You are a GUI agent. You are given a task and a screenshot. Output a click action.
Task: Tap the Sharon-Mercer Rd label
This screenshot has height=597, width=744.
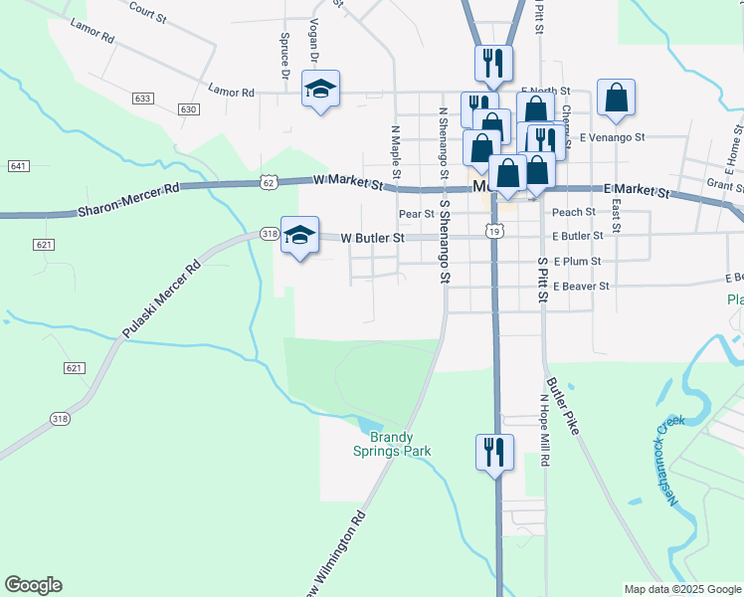point(129,200)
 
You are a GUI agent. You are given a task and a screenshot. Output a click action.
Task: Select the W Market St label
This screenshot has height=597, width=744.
point(347,183)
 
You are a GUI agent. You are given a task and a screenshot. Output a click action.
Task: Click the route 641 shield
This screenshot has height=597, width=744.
point(18,165)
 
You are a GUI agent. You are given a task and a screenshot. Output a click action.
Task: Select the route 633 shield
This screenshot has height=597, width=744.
point(143,99)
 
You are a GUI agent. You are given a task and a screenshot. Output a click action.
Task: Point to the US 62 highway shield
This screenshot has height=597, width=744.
point(269,182)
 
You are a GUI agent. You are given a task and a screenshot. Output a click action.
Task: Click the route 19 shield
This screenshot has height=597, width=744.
point(495,231)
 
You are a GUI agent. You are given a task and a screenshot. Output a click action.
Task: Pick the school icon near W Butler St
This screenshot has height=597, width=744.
point(299,236)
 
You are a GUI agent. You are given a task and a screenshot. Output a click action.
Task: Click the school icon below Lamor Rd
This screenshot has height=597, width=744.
point(320,90)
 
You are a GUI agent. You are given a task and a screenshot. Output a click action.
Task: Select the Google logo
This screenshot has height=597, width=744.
point(33,585)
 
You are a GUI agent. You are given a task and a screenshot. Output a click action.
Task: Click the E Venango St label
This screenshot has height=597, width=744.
point(613,136)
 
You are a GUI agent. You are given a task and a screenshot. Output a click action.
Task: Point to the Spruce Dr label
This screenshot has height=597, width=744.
point(284,60)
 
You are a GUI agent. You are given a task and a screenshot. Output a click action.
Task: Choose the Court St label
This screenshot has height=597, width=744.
point(146,14)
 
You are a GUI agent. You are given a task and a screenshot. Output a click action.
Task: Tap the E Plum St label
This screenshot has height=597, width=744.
point(577,261)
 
